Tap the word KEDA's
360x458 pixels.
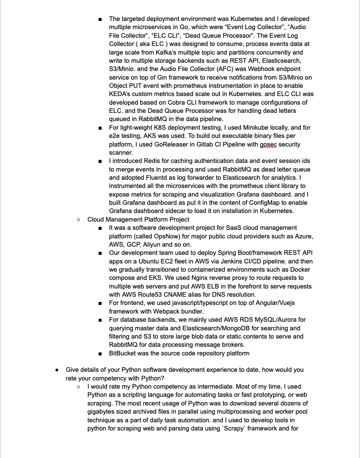(x=121, y=94)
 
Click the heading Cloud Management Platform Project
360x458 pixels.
(x=138, y=220)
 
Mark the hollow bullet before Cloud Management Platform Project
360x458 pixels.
(x=79, y=220)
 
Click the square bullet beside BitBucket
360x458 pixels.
(x=100, y=353)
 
